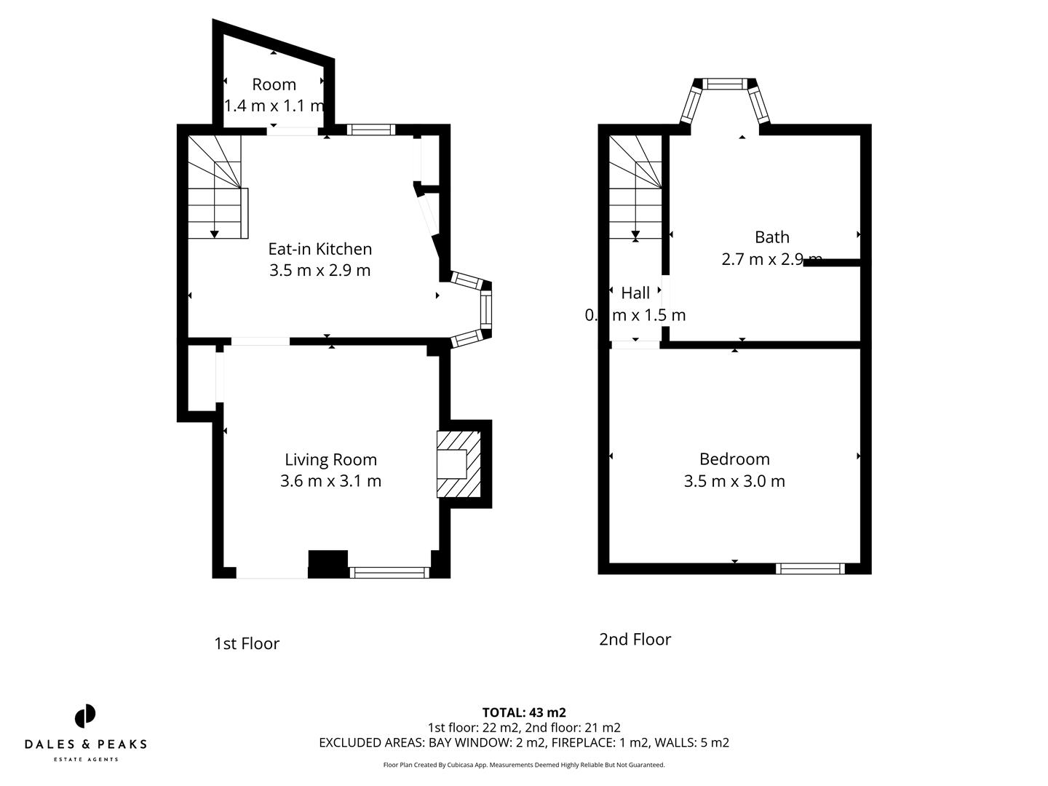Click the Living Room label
point(330,459)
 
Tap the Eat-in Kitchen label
point(319,249)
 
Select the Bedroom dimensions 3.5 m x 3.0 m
point(734,481)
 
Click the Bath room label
point(771,237)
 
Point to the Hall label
point(635,293)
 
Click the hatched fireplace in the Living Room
point(458,464)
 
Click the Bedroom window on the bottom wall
point(810,568)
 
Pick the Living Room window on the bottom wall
point(389,573)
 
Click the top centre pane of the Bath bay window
point(723,84)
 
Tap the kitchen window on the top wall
point(371,130)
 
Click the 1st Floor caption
point(247,644)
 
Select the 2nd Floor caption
point(635,639)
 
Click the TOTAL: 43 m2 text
point(524,712)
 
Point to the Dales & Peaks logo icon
point(85,716)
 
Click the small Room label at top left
point(274,84)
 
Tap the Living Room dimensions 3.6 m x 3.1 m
point(330,481)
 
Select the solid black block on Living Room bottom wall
point(328,564)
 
